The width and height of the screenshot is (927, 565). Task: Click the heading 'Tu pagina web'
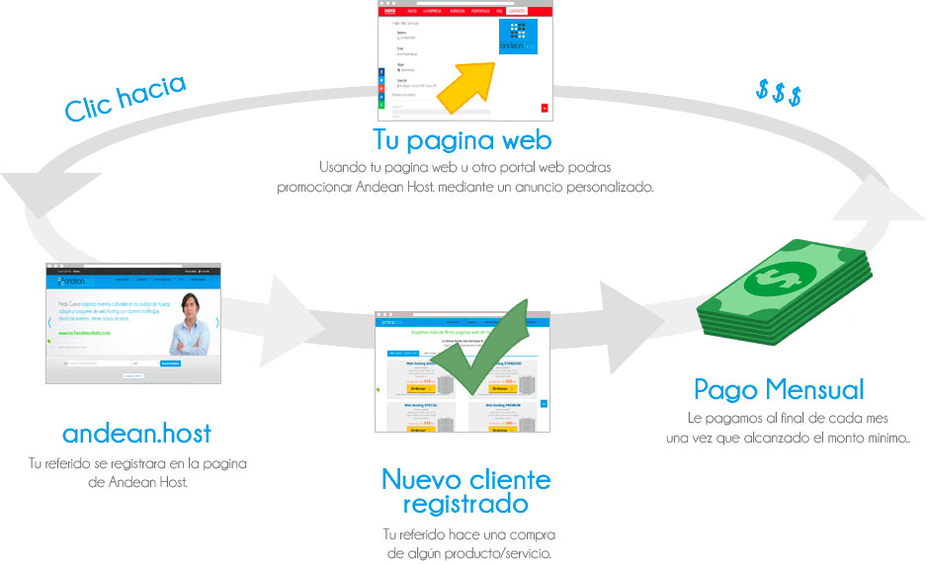(462, 137)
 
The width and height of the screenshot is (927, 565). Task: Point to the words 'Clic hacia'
(125, 98)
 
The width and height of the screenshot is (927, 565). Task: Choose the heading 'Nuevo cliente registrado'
(465, 492)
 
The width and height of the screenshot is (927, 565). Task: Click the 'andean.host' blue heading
(136, 434)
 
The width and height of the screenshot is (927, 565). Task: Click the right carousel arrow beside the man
(217, 323)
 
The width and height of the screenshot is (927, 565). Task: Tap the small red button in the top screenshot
(544, 107)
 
